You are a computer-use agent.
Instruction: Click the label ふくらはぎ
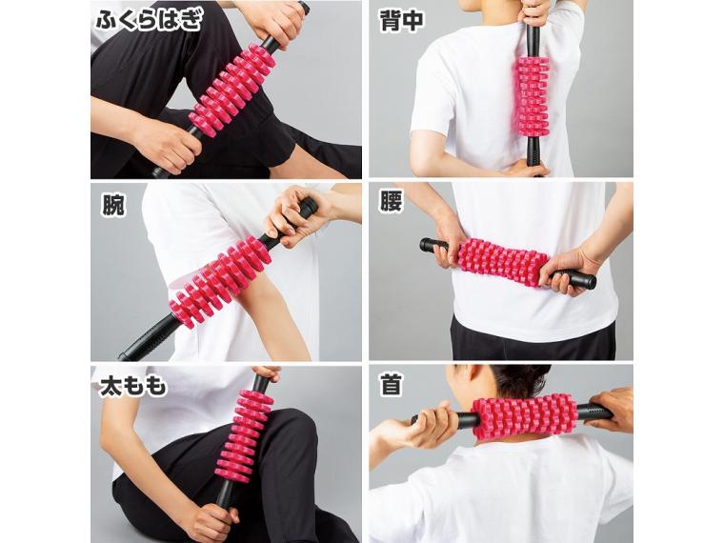(147, 20)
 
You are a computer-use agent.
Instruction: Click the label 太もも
(133, 386)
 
